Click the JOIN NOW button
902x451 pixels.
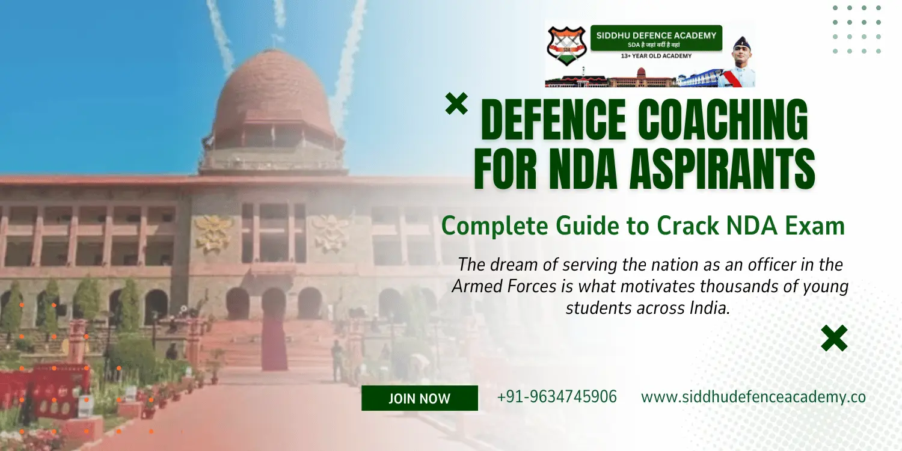coord(419,398)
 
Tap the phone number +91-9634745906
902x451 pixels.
coord(557,397)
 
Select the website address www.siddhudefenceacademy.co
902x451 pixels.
coord(753,397)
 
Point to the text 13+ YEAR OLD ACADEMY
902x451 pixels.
coord(656,56)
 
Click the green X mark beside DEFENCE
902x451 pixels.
coord(456,104)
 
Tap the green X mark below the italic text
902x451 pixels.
coord(834,338)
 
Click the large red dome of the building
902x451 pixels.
coord(274,96)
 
